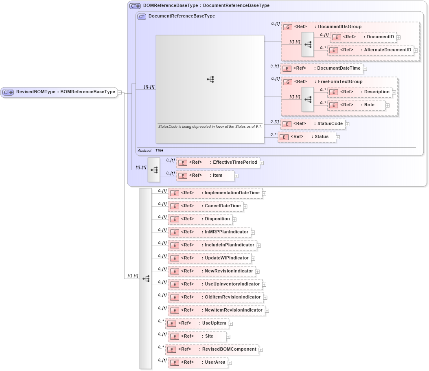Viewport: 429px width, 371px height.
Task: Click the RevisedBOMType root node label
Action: click(65, 92)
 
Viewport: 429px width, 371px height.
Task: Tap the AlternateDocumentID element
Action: click(371, 50)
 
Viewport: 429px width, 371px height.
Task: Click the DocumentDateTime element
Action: click(322, 68)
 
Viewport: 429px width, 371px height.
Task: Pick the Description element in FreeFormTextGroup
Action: click(360, 92)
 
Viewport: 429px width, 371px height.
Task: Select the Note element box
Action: click(357, 105)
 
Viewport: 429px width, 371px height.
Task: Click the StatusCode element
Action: click(313, 124)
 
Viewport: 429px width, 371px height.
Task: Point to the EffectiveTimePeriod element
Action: click(218, 162)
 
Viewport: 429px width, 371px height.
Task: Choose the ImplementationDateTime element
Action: click(215, 193)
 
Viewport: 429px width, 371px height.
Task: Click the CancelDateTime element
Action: click(206, 206)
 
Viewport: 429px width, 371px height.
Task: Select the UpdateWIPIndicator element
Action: click(210, 258)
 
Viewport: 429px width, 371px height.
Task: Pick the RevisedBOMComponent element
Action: click(212, 349)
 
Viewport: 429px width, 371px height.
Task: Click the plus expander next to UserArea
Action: click(230, 362)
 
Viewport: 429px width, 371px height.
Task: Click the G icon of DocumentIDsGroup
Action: click(287, 27)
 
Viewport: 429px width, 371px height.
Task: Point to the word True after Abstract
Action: click(159, 150)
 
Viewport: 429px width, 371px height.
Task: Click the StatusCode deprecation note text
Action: click(210, 127)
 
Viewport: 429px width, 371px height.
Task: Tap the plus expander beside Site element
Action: click(228, 336)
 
